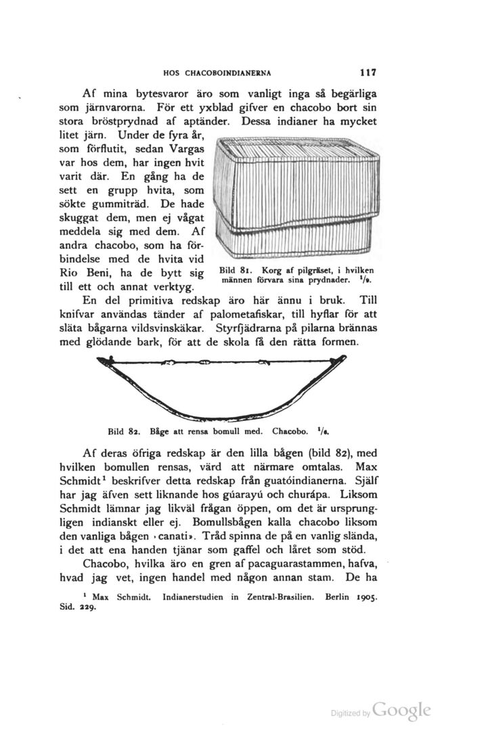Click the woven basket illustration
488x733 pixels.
(293, 197)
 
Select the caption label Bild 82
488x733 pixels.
(124, 430)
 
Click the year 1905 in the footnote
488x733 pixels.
(366, 598)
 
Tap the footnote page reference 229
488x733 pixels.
(87, 608)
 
